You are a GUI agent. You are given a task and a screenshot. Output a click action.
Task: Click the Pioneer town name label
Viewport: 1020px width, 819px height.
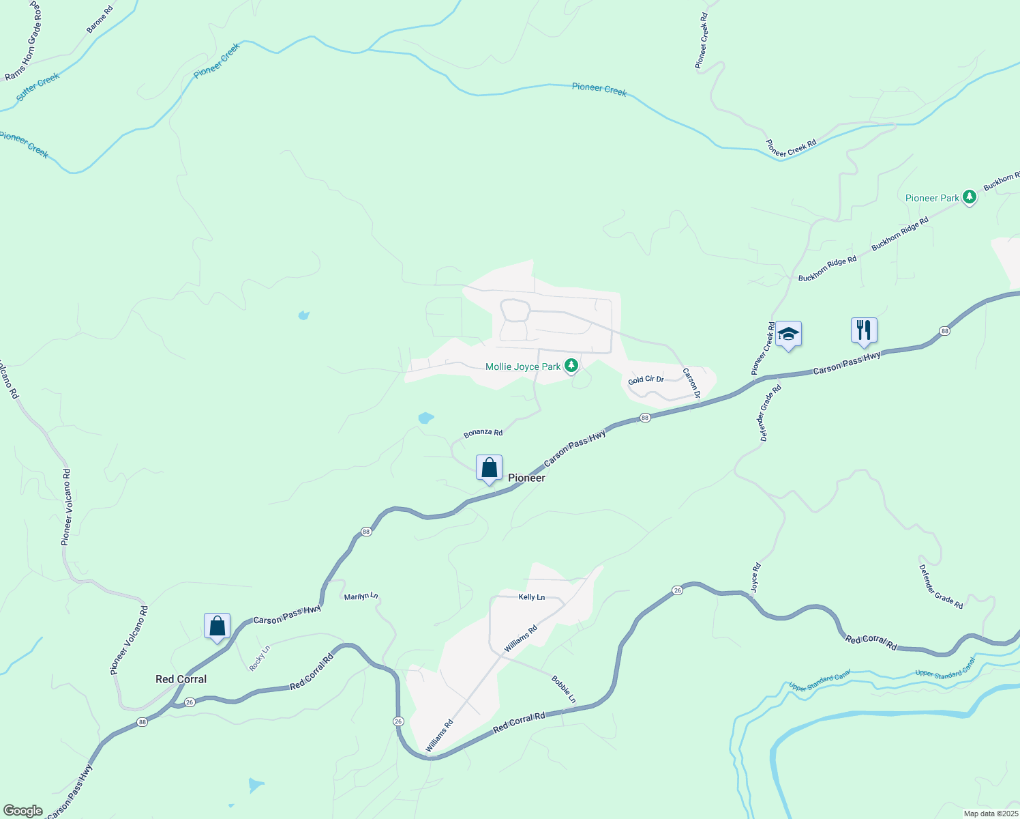point(526,478)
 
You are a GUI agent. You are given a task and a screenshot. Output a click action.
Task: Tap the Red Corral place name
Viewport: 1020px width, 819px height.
point(181,679)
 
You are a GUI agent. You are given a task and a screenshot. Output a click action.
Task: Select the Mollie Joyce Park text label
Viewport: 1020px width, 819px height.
point(522,367)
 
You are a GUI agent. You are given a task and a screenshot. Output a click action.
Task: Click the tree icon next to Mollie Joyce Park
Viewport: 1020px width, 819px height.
point(571,367)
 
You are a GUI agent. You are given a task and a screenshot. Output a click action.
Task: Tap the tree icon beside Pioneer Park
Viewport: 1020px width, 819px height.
point(969,198)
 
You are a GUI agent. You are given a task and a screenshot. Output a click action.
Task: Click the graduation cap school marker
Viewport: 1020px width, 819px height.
point(788,334)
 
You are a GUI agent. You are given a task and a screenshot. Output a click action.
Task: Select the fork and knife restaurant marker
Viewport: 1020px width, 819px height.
point(864,330)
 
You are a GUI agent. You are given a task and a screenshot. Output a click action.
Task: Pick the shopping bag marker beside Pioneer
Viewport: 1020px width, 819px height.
point(489,468)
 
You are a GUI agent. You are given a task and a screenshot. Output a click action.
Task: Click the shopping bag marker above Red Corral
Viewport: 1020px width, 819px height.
point(217,626)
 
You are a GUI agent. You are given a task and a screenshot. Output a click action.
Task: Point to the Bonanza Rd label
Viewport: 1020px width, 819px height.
point(483,433)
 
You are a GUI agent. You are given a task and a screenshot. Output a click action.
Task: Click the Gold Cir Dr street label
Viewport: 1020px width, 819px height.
point(646,379)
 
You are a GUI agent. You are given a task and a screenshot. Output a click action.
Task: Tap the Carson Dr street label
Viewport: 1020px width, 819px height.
point(692,384)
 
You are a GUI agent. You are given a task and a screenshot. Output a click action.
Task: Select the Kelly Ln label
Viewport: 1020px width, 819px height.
point(532,597)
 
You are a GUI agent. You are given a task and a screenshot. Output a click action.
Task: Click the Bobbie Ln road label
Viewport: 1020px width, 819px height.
point(564,689)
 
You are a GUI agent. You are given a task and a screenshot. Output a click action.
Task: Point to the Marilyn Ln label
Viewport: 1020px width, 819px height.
point(361,597)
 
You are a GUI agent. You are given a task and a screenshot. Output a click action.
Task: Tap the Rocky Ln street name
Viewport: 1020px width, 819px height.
point(260,658)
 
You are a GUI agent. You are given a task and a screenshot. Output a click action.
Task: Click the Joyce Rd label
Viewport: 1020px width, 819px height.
point(755,577)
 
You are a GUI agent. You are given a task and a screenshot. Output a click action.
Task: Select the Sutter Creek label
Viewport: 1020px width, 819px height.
point(38,87)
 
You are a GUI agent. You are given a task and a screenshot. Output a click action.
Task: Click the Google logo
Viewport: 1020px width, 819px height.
point(23,811)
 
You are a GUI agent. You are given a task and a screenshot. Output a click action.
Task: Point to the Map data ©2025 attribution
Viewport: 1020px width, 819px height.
point(990,814)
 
